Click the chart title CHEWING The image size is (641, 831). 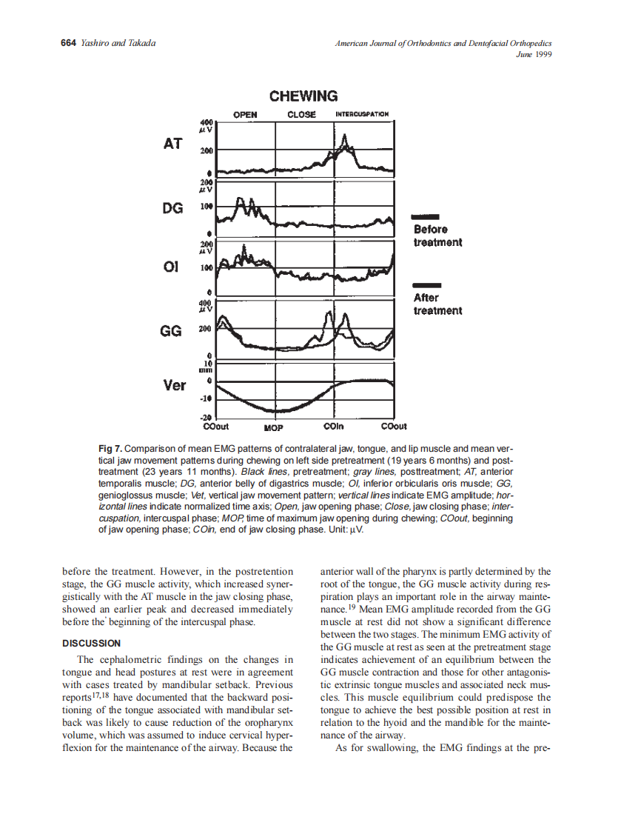pos(303,96)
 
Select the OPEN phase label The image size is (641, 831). pos(245,115)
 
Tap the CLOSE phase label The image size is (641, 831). pos(301,115)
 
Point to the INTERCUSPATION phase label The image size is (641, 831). pos(362,115)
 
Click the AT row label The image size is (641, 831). pos(172,144)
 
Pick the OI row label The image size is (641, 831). pos(171,267)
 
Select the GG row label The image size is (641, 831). pos(171,331)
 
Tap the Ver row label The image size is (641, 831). pos(174,385)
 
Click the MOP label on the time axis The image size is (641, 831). pos(275,427)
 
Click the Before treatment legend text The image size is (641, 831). pos(437,236)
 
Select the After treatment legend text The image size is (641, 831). pos(437,304)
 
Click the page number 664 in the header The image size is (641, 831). pos(68,44)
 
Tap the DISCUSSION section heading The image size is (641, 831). pos(91,643)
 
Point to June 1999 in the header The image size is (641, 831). pos(534,54)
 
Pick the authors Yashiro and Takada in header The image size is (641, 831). pos(117,44)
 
